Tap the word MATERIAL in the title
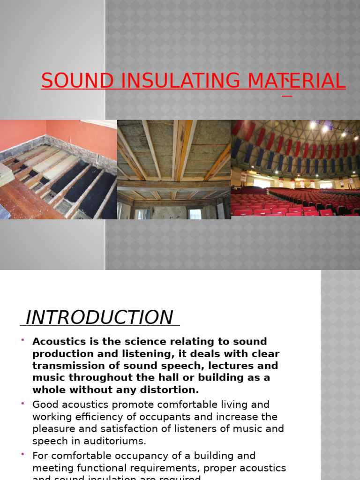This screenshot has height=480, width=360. click(x=296, y=81)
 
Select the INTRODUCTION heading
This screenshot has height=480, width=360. click(x=99, y=317)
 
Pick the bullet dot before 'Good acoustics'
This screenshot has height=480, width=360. click(x=22, y=404)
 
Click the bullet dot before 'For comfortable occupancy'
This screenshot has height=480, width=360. click(x=22, y=455)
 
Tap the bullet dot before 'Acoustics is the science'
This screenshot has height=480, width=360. click(x=22, y=340)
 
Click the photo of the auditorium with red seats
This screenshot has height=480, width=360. click(x=295, y=169)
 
